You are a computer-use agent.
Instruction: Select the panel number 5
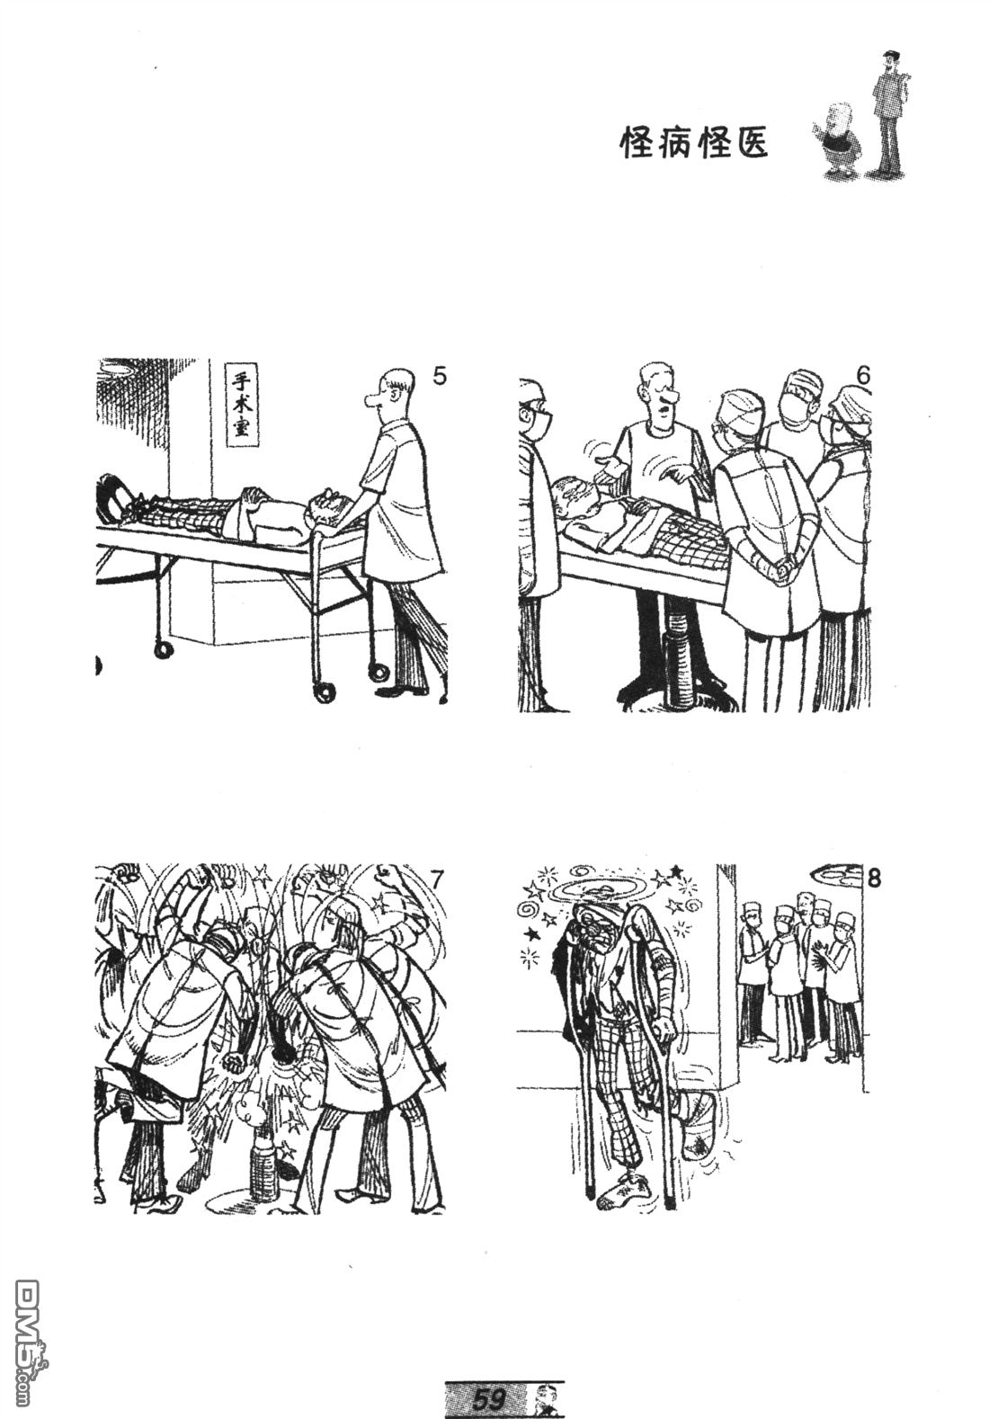pos(439,376)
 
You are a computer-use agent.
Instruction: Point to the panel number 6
pos(863,376)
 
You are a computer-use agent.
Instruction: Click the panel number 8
pos(873,879)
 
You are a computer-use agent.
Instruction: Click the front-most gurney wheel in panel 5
pos(324,692)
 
